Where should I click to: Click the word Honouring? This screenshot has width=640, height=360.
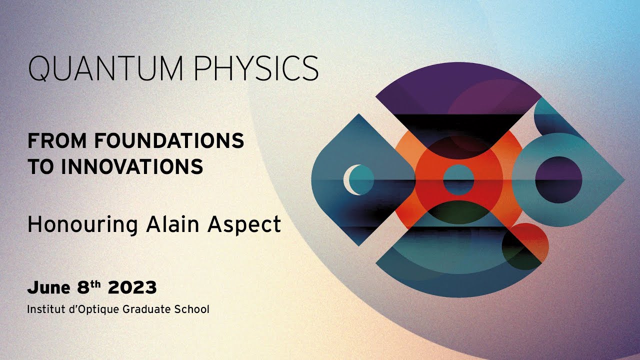point(82,224)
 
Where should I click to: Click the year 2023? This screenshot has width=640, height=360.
point(132,287)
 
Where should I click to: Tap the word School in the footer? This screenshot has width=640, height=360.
point(192,309)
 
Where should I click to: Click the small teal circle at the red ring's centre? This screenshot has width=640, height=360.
point(458,179)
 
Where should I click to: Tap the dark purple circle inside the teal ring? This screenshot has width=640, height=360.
point(558,179)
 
